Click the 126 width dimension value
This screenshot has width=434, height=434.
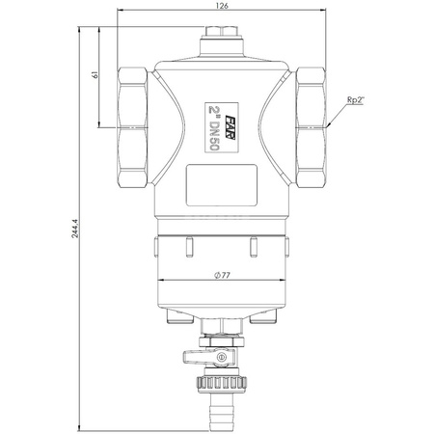point(222,6)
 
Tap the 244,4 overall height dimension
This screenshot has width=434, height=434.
point(74,229)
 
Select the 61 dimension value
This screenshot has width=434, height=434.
point(95,75)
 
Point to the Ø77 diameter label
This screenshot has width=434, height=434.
point(222,275)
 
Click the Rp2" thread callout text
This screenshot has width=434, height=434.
point(355,100)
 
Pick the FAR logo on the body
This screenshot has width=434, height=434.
point(230,127)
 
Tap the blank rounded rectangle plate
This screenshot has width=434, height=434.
point(222,185)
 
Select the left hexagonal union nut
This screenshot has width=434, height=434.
point(132,127)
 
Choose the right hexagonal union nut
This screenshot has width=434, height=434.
point(311,127)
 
